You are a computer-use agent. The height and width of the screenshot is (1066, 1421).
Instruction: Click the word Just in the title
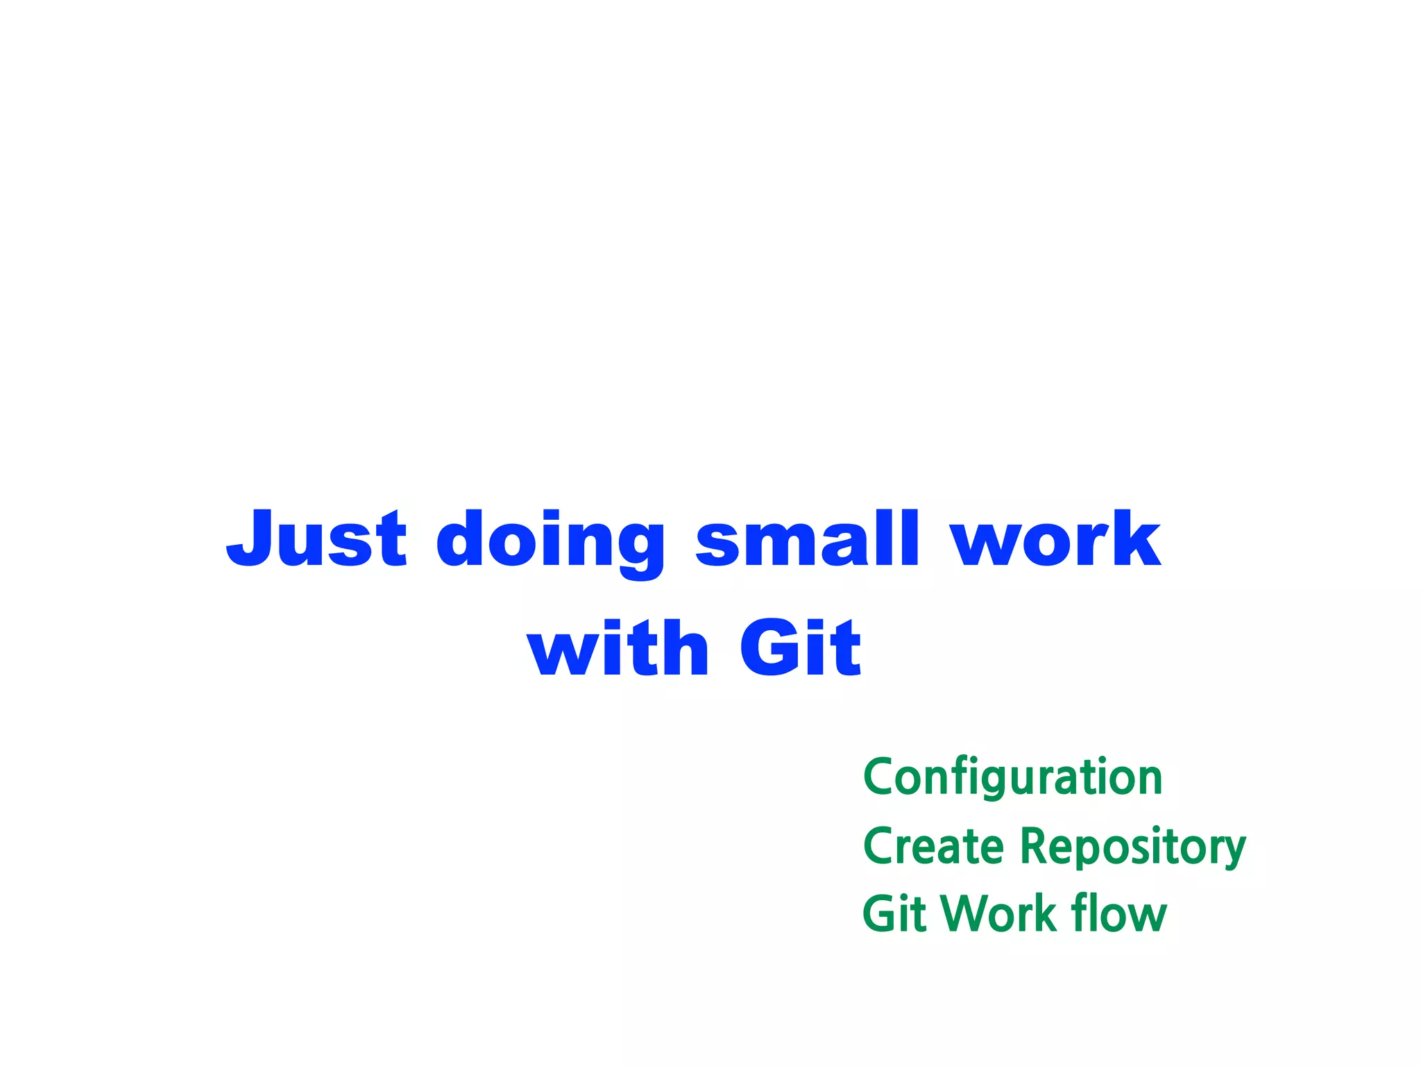316,539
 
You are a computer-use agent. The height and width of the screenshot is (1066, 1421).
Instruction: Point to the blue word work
1055,539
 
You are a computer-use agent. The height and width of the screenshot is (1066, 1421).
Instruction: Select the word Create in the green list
933,847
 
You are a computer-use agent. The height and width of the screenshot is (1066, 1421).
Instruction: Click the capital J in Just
250,539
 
